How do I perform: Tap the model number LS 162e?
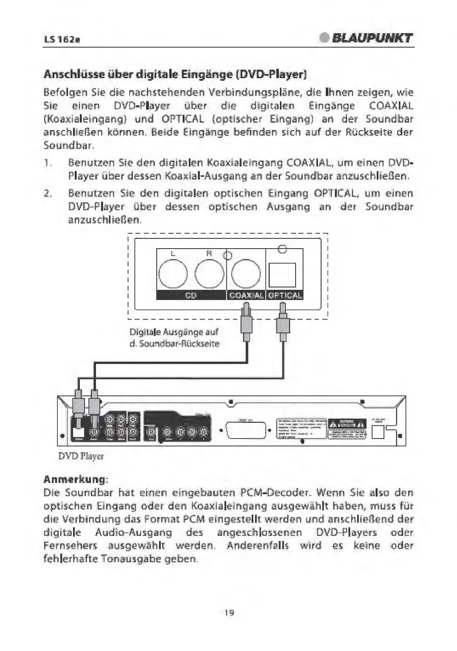(x=62, y=40)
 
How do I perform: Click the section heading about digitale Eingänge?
(x=175, y=75)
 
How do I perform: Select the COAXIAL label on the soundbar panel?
(x=246, y=295)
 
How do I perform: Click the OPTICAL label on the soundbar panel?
(x=285, y=295)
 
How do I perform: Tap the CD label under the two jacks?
(x=191, y=295)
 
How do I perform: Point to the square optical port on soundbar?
(x=282, y=275)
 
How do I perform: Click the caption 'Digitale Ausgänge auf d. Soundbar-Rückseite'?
(x=175, y=338)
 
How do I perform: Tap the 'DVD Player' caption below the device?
(x=81, y=456)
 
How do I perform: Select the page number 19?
(x=229, y=613)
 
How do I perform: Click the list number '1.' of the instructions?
(x=48, y=163)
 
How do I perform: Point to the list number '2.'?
(x=48, y=193)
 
